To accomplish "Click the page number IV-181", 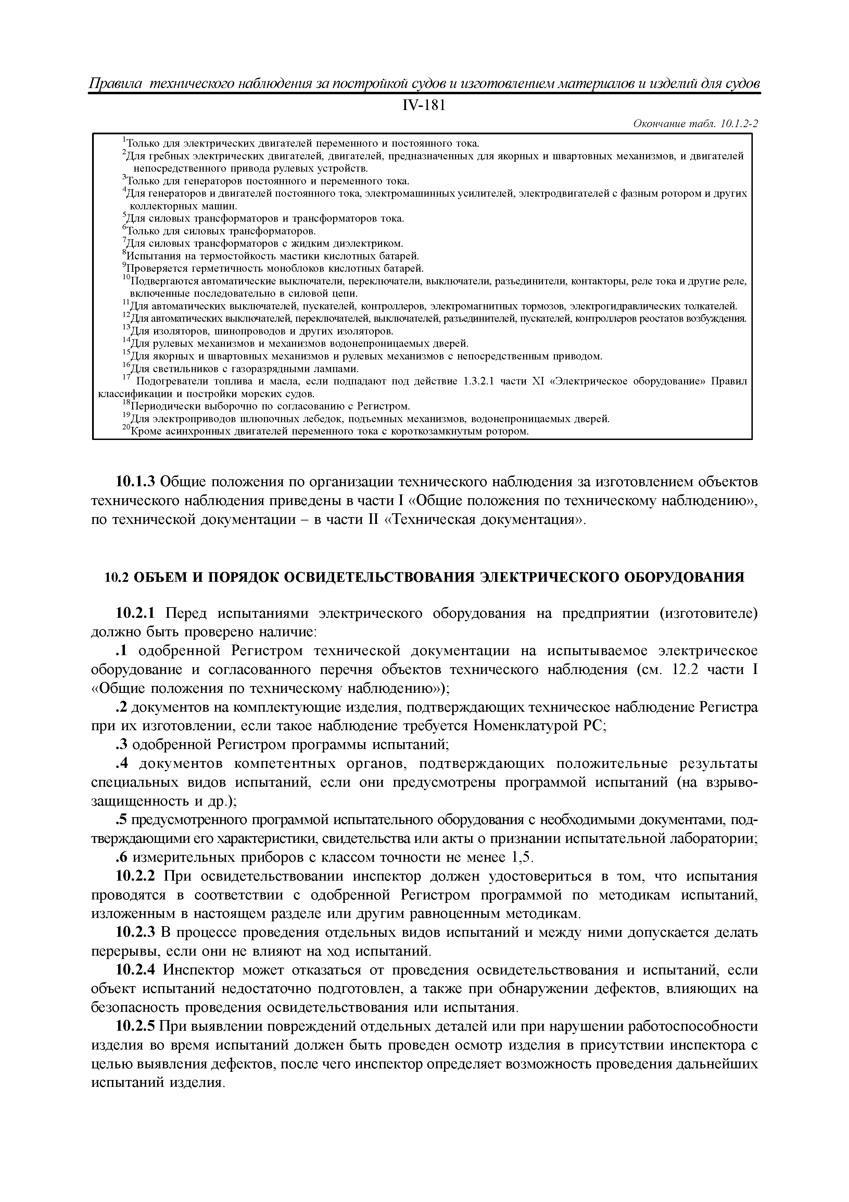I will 424,106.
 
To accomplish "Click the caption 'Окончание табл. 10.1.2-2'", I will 695,124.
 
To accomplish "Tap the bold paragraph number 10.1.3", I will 136,481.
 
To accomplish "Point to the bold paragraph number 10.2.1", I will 136,613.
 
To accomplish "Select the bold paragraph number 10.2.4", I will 136,970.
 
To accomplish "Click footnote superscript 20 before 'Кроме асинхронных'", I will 126,429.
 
